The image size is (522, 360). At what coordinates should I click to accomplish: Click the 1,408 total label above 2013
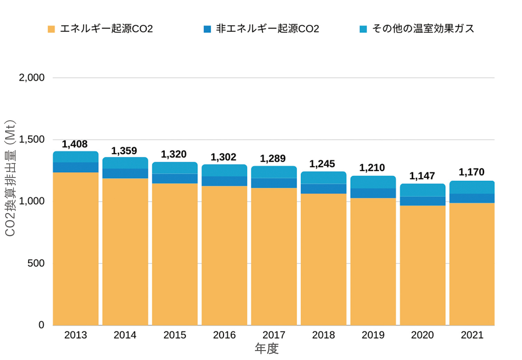[75, 144]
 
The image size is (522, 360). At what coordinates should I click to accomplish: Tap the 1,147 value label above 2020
[422, 176]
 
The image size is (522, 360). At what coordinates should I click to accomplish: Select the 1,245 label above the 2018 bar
[322, 164]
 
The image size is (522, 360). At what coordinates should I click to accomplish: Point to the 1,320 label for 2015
[174, 154]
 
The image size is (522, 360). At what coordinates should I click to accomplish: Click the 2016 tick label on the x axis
[224, 335]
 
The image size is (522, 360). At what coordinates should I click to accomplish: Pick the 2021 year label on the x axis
[472, 335]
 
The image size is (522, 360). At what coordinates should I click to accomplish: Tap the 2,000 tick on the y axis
[32, 78]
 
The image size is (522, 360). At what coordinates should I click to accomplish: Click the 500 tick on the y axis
[36, 263]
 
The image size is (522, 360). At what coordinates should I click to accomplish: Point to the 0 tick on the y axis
[41, 325]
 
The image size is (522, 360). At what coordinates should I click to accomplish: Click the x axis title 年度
[267, 349]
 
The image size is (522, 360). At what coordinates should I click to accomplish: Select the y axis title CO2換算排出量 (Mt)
[10, 178]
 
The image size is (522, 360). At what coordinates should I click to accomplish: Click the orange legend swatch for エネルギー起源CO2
[51, 29]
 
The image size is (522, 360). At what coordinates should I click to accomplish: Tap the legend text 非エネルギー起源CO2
[267, 29]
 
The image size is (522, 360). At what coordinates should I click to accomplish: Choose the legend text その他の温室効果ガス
[423, 29]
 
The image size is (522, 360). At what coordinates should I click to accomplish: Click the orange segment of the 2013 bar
[76, 249]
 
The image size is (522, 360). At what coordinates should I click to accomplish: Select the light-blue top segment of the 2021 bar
[472, 187]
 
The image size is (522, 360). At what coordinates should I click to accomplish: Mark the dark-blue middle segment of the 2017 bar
[274, 183]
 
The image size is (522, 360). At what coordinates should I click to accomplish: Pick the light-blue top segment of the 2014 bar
[125, 163]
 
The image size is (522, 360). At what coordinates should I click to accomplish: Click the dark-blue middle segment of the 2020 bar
[423, 201]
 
